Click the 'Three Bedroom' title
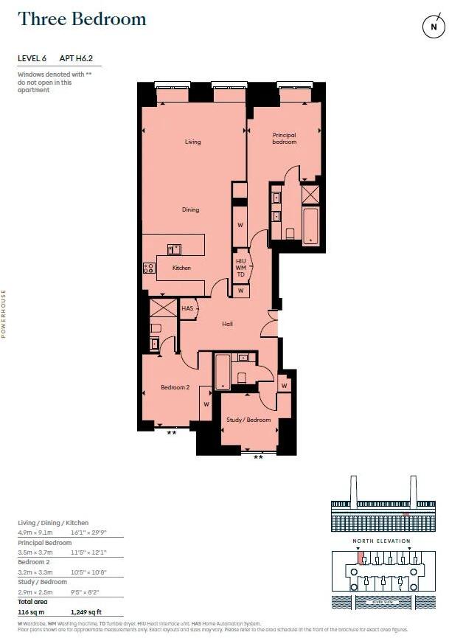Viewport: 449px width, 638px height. [82, 19]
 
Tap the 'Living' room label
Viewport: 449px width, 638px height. [192, 142]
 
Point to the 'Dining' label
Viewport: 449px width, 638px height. [190, 209]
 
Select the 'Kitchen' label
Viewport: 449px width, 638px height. [181, 268]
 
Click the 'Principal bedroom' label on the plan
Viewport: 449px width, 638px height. [284, 138]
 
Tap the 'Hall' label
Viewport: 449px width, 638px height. [227, 324]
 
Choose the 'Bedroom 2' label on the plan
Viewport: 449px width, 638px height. [175, 387]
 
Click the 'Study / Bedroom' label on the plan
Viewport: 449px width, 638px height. [248, 420]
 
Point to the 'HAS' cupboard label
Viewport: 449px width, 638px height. [187, 308]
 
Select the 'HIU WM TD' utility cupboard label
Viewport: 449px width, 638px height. [240, 268]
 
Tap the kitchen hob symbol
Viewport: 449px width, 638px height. [148, 268]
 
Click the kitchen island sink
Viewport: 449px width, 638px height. [174, 249]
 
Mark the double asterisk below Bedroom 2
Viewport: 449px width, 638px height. [172, 432]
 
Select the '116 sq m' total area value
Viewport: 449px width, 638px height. [31, 611]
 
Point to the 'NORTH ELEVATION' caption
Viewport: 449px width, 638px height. [382, 541]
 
